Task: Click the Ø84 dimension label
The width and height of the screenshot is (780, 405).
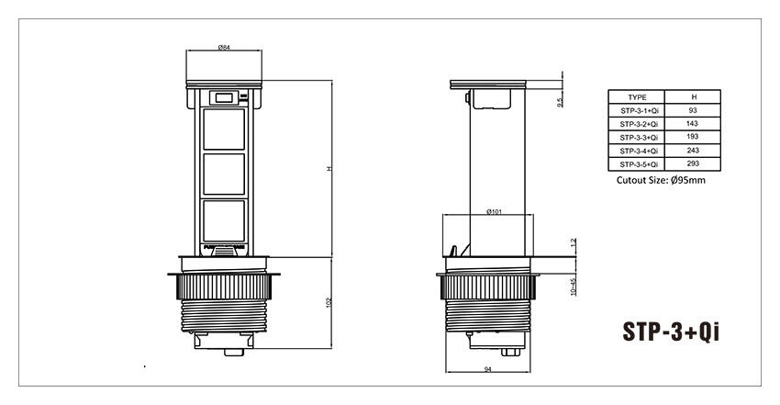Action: tap(223, 47)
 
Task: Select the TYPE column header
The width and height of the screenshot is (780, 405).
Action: tap(638, 96)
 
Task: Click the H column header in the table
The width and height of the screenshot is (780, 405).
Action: tap(692, 96)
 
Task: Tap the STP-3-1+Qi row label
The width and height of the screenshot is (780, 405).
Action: tap(638, 110)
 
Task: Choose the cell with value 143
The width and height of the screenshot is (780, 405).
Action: tap(692, 123)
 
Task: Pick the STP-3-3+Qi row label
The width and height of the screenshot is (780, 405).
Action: tap(638, 137)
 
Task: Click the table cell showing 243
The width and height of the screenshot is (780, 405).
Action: tap(692, 150)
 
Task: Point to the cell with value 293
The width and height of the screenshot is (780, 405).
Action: tap(692, 163)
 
